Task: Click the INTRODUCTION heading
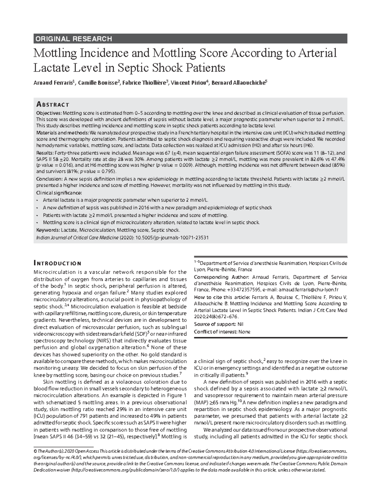[57, 263]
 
